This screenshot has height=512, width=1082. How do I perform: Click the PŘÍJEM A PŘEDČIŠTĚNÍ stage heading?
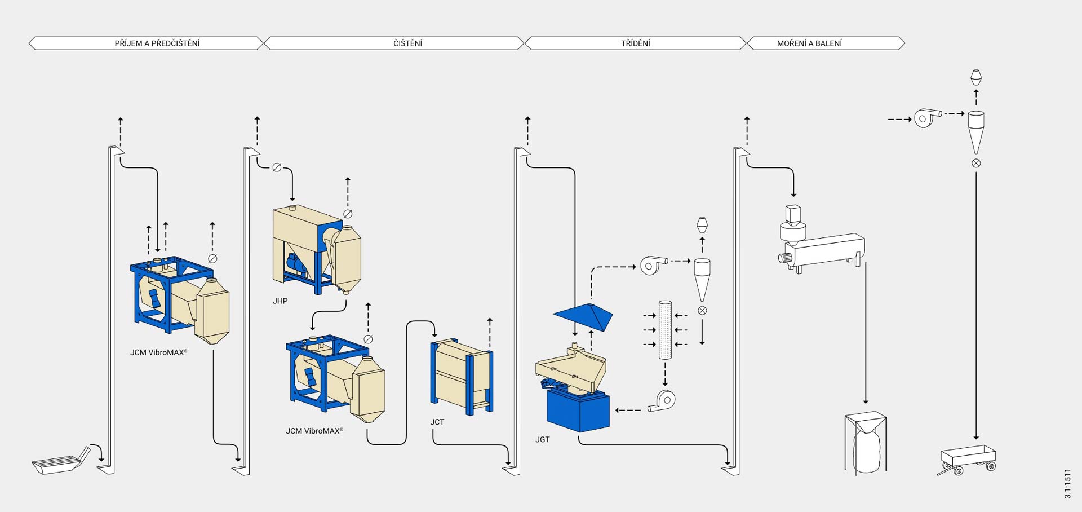[x=157, y=43]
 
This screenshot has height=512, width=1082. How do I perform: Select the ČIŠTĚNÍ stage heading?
[x=408, y=43]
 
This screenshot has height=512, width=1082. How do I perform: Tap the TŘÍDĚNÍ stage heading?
[x=636, y=43]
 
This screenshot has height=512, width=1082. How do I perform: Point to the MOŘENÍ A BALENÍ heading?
[x=809, y=43]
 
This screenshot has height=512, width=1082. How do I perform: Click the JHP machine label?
[x=280, y=301]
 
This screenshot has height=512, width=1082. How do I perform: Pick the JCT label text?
[x=437, y=422]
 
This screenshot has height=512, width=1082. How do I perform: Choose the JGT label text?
[x=543, y=439]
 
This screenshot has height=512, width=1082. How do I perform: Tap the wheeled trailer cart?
[x=968, y=460]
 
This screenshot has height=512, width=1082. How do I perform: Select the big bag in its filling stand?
[x=866, y=443]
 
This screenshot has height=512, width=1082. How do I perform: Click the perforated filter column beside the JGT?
[x=665, y=330]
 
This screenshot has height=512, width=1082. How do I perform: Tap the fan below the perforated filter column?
[x=662, y=400]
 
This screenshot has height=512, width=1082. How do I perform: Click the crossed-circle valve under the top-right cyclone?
[x=976, y=163]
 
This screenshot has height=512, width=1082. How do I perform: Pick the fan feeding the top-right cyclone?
[x=927, y=118]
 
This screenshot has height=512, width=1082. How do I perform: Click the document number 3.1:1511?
[x=1067, y=483]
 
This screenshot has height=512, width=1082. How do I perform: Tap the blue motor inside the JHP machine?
[x=296, y=264]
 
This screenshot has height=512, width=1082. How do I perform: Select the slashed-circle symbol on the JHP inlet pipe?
[x=277, y=167]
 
